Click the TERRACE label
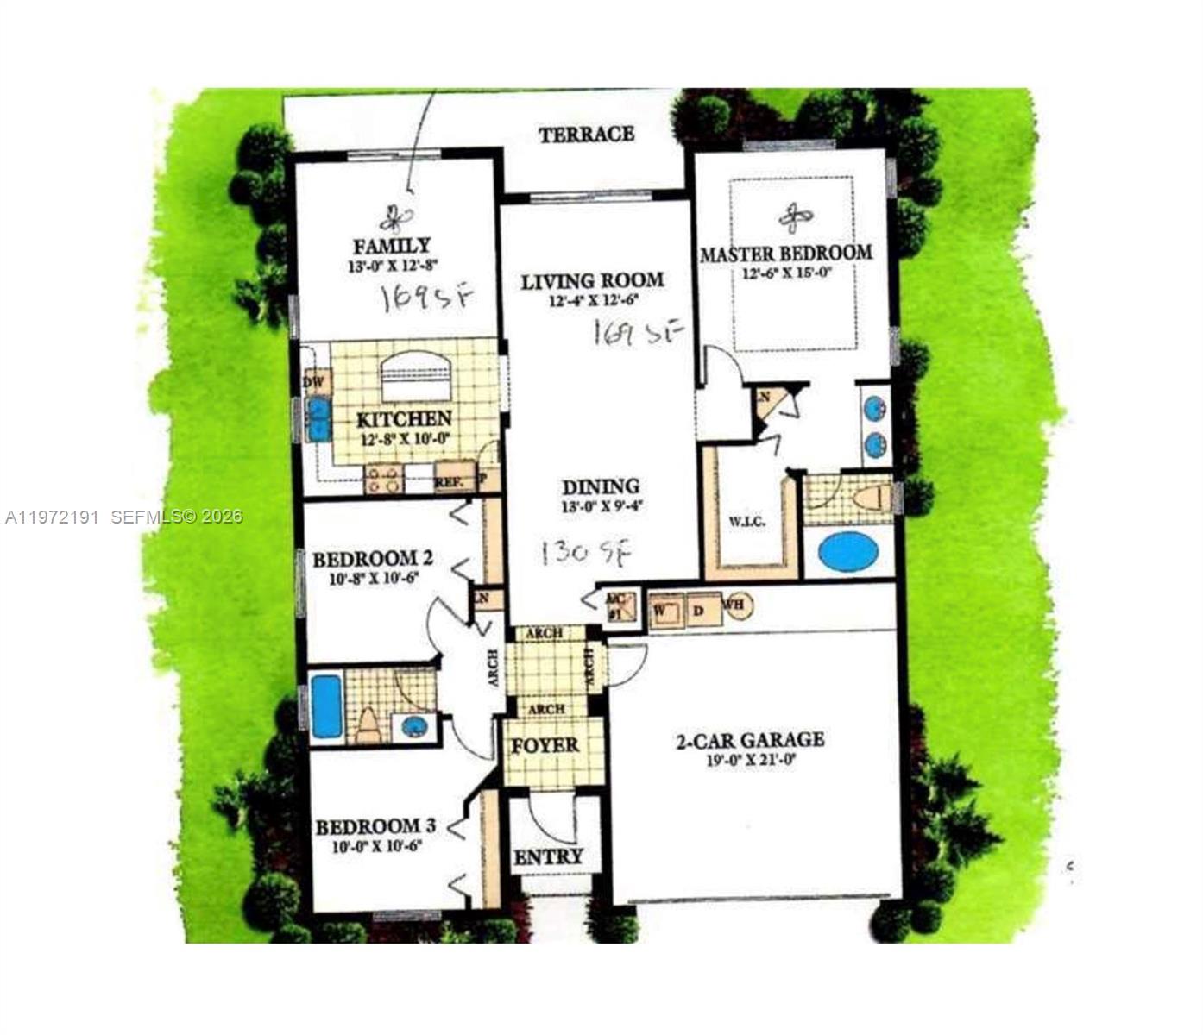pyautogui.click(x=586, y=135)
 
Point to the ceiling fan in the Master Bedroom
pyautogui.click(x=795, y=217)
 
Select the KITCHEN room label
pyautogui.click(x=404, y=419)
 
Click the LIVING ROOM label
pyautogui.click(x=592, y=280)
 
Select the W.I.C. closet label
pyautogui.click(x=746, y=521)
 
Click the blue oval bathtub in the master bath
pyautogui.click(x=847, y=551)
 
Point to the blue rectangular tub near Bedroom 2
pyautogui.click(x=327, y=706)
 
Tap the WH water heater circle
pyautogui.click(x=736, y=605)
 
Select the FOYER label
pyautogui.click(x=545, y=745)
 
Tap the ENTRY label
pyautogui.click(x=548, y=857)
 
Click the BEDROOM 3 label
pyautogui.click(x=375, y=827)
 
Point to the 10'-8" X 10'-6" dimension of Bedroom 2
pyautogui.click(x=374, y=579)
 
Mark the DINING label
pyautogui.click(x=601, y=486)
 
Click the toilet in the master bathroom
pyautogui.click(x=872, y=498)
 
